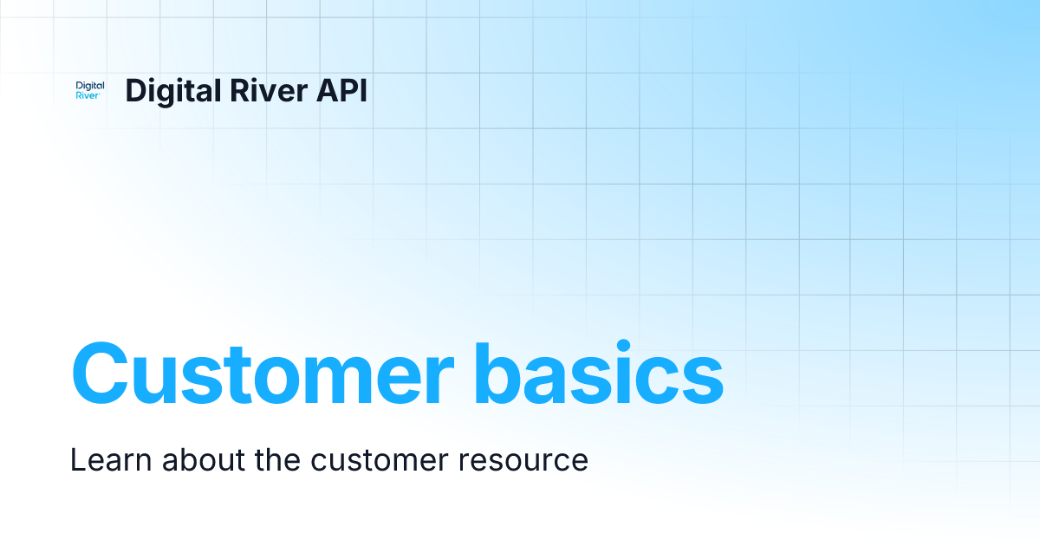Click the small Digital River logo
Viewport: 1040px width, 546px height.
[90, 91]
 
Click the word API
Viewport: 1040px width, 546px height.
[340, 91]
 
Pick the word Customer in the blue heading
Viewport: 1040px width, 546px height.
[261, 374]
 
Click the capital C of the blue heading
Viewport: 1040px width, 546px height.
[102, 374]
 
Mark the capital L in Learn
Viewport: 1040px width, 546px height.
[77, 459]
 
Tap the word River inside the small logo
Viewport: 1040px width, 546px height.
[88, 96]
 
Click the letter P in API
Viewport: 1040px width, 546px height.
[344, 91]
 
